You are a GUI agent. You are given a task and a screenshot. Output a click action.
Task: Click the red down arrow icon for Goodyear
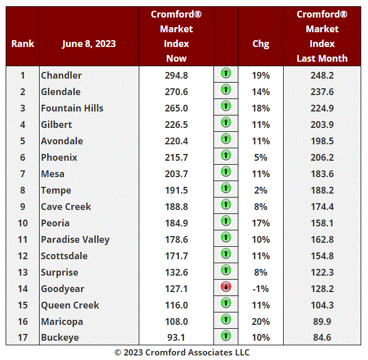tap(226, 287)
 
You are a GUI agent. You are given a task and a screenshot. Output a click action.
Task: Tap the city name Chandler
tap(61, 75)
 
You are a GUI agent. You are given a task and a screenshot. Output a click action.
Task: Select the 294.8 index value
tap(177, 75)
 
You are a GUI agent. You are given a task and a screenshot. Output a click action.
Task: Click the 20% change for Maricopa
tap(261, 322)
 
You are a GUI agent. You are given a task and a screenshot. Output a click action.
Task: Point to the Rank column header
tap(23, 44)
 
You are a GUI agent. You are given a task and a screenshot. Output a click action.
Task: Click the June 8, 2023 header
tap(89, 44)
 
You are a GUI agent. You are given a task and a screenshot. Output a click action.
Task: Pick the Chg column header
tap(261, 44)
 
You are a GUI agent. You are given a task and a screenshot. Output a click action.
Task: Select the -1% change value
tap(261, 289)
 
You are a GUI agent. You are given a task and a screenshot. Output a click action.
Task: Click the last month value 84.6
tap(322, 338)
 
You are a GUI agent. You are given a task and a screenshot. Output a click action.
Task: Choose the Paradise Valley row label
tap(75, 239)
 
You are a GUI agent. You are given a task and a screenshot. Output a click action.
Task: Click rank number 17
tap(23, 338)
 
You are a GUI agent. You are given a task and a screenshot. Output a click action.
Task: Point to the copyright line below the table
tap(182, 352)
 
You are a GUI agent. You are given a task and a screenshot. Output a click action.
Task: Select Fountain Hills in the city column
tap(72, 108)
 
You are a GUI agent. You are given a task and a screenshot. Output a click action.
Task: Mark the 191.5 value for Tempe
tap(177, 190)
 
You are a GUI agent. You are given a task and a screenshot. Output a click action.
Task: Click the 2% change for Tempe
tap(261, 190)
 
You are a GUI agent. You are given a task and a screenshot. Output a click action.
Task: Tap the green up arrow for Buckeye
tap(226, 336)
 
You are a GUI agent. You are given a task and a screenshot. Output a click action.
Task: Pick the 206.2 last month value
tap(322, 157)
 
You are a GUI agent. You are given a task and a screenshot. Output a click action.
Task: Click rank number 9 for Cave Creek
tap(23, 207)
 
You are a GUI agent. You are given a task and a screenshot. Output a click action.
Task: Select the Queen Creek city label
tap(70, 305)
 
